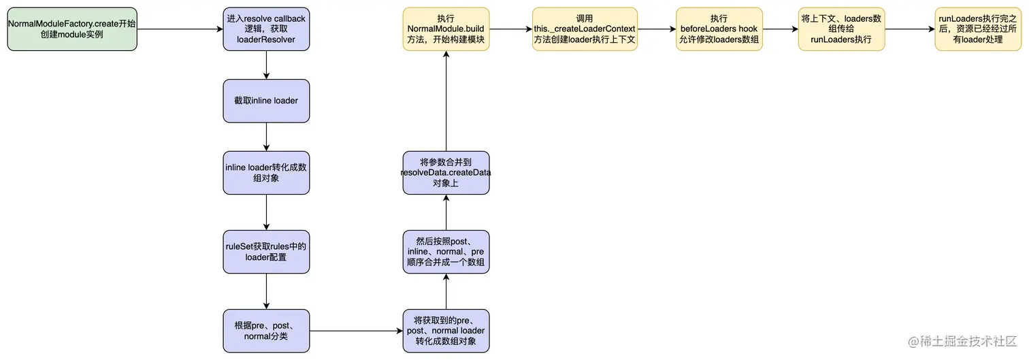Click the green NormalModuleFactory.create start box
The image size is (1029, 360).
coord(72,29)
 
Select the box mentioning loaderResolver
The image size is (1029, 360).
coord(266,29)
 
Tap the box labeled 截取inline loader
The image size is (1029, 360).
coord(266,101)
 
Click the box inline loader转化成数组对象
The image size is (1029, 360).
coord(266,173)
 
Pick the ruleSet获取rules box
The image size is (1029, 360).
coord(266,252)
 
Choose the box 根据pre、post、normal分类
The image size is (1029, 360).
coord(266,331)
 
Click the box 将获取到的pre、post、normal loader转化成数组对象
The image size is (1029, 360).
coord(446,331)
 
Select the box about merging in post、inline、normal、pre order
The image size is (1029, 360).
coord(446,252)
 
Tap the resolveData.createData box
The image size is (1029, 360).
coord(446,173)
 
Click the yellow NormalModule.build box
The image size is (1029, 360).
coord(446,29)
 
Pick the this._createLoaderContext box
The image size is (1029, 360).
coord(585,29)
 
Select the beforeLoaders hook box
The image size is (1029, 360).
coord(719,29)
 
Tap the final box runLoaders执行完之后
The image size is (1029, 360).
coord(977,29)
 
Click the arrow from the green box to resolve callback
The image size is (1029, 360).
coord(180,29)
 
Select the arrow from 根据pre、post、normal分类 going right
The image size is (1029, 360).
coord(356,331)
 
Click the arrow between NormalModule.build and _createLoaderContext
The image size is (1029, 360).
coord(510,29)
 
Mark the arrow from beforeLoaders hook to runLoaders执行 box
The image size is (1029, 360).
coord(780,29)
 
